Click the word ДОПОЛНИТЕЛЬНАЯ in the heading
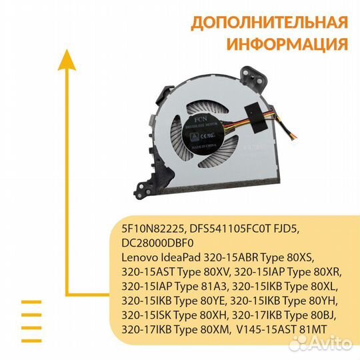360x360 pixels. tap(269, 23)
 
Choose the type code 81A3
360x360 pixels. tap(214, 285)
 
